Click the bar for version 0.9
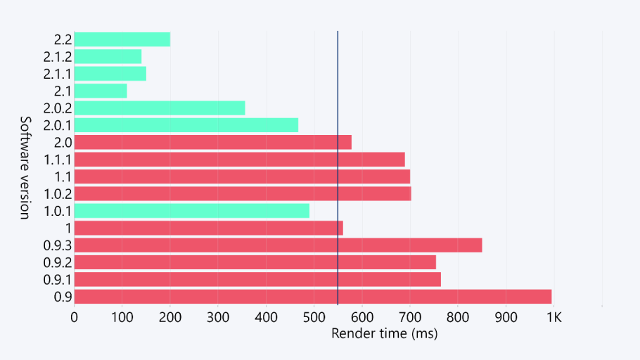[x=312, y=297]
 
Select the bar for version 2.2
[x=122, y=39]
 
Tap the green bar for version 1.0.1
[x=191, y=211]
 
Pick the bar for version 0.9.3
[x=278, y=245]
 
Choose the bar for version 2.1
[x=101, y=91]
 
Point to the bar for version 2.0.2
[x=160, y=108]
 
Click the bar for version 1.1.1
[x=239, y=160]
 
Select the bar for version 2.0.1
[x=186, y=125]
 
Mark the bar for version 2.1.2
[x=108, y=57]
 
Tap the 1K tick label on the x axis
[x=553, y=317]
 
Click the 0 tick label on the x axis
[x=74, y=317]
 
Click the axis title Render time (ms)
[x=384, y=333]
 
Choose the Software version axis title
[x=24, y=167]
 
